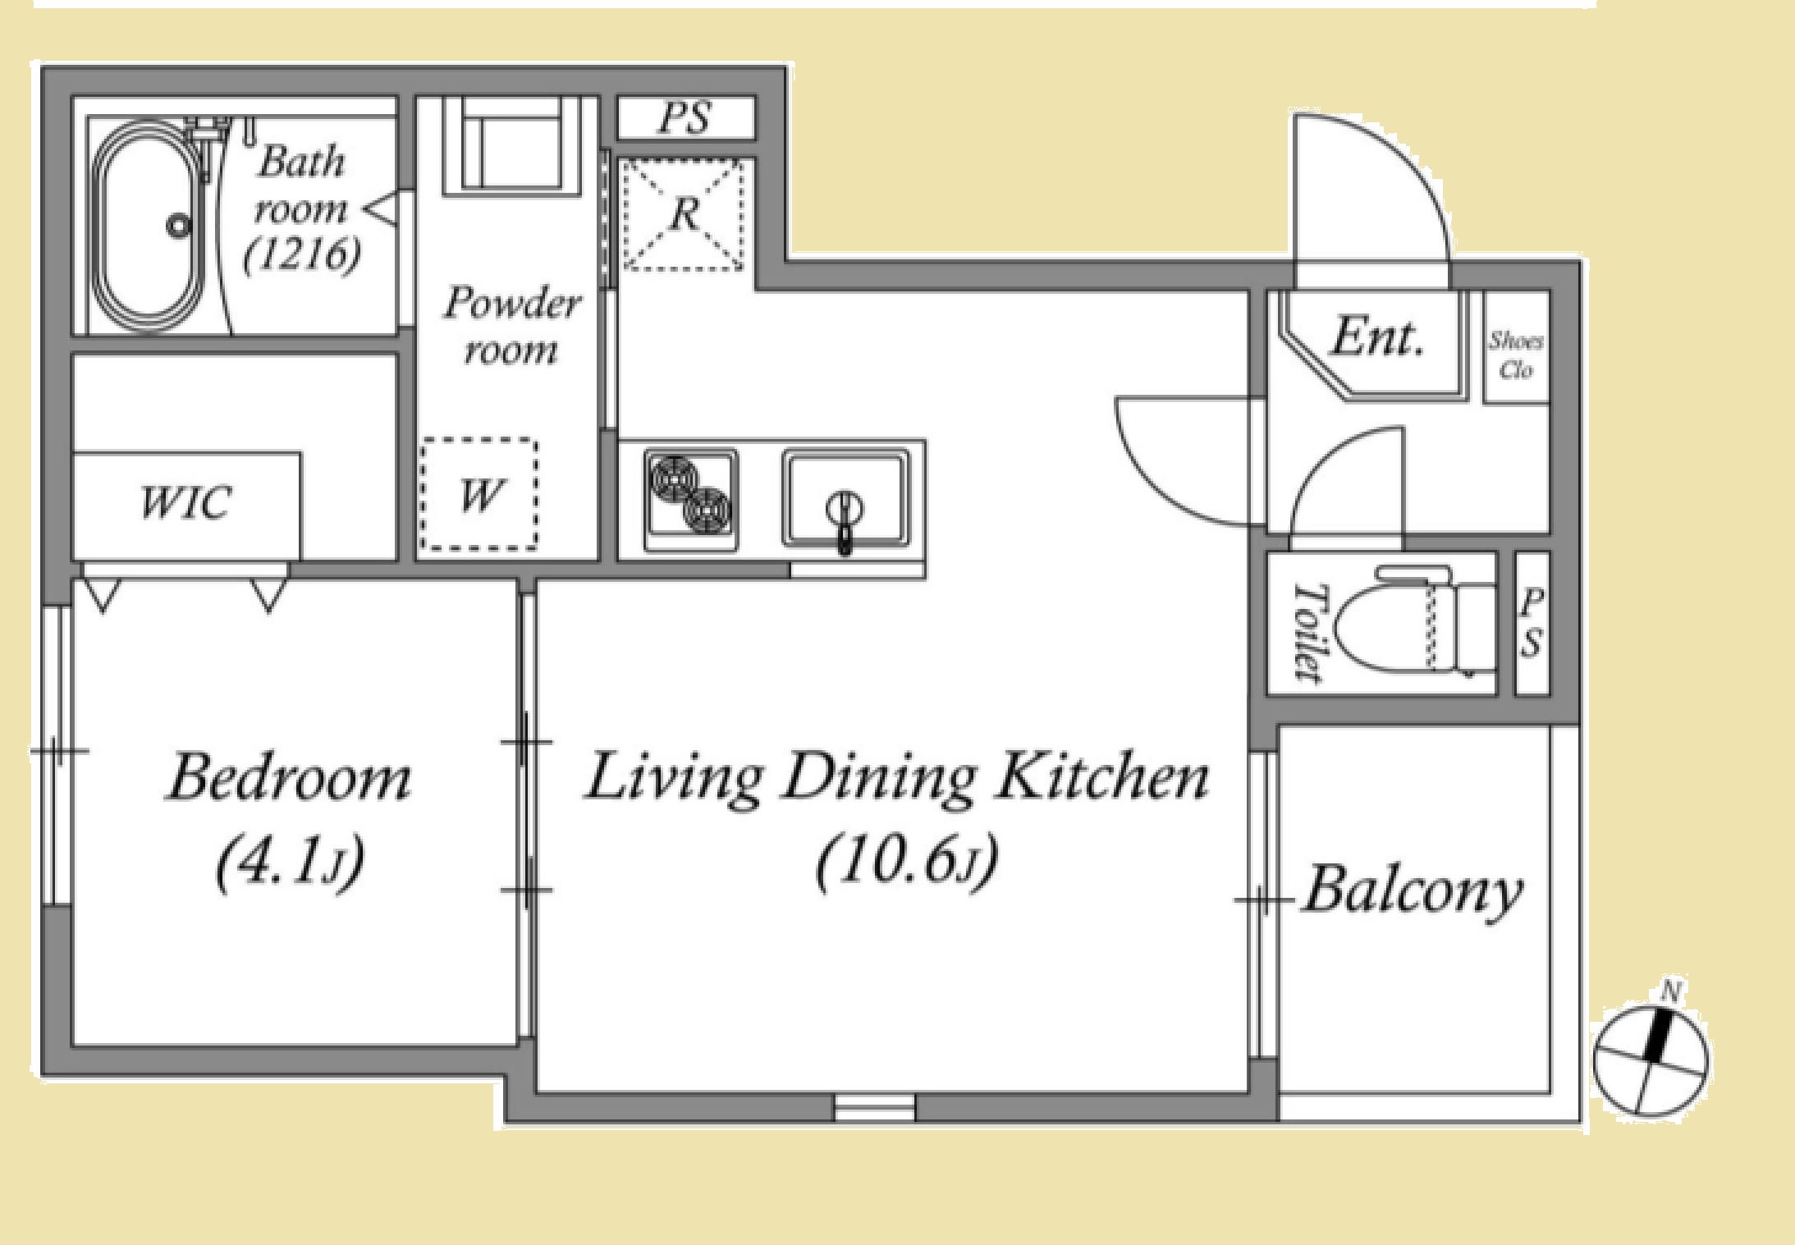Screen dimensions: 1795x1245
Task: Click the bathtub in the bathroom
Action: (x=149, y=225)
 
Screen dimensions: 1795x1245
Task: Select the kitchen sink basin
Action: (x=846, y=498)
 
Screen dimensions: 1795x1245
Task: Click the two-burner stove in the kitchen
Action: (x=690, y=499)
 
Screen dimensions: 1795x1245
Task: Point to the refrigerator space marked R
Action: (x=684, y=214)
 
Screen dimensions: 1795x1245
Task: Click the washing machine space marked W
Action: (x=480, y=495)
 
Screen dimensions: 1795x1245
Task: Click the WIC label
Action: (x=185, y=501)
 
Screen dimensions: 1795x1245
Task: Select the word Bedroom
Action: (x=288, y=777)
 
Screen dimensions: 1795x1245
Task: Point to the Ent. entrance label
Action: (x=1376, y=336)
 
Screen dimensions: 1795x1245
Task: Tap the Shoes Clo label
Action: (x=1516, y=355)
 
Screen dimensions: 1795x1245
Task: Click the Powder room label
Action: (x=511, y=326)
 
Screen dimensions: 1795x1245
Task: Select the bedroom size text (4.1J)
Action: (x=289, y=863)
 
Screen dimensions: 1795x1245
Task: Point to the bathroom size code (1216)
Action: (x=302, y=254)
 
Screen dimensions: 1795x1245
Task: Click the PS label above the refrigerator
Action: (x=685, y=117)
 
